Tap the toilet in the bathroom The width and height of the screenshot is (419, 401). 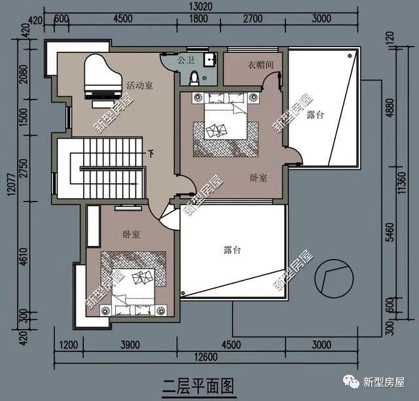coord(194,77)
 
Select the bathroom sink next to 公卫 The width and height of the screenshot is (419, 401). coord(209,60)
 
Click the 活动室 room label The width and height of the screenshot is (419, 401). coord(139,86)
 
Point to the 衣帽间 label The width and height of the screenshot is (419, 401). coord(261,65)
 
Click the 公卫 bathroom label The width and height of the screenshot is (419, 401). coord(186,60)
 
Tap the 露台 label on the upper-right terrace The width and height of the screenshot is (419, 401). coord(316,114)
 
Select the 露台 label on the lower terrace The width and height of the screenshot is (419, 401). coord(232,250)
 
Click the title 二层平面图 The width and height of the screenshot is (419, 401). coord(199,387)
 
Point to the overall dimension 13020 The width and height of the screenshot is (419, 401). coord(201,7)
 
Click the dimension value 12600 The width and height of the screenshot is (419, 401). coord(206,357)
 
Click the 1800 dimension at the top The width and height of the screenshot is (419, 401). coord(198,19)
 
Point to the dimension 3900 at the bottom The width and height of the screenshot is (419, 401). coord(130,345)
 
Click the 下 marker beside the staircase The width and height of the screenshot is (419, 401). coord(151,154)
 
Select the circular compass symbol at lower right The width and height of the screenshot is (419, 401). coord(334,279)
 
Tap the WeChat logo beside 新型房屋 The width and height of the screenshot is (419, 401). coord(352,382)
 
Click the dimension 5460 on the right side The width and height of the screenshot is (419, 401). coord(390,232)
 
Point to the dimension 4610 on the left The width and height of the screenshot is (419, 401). coord(24,256)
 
